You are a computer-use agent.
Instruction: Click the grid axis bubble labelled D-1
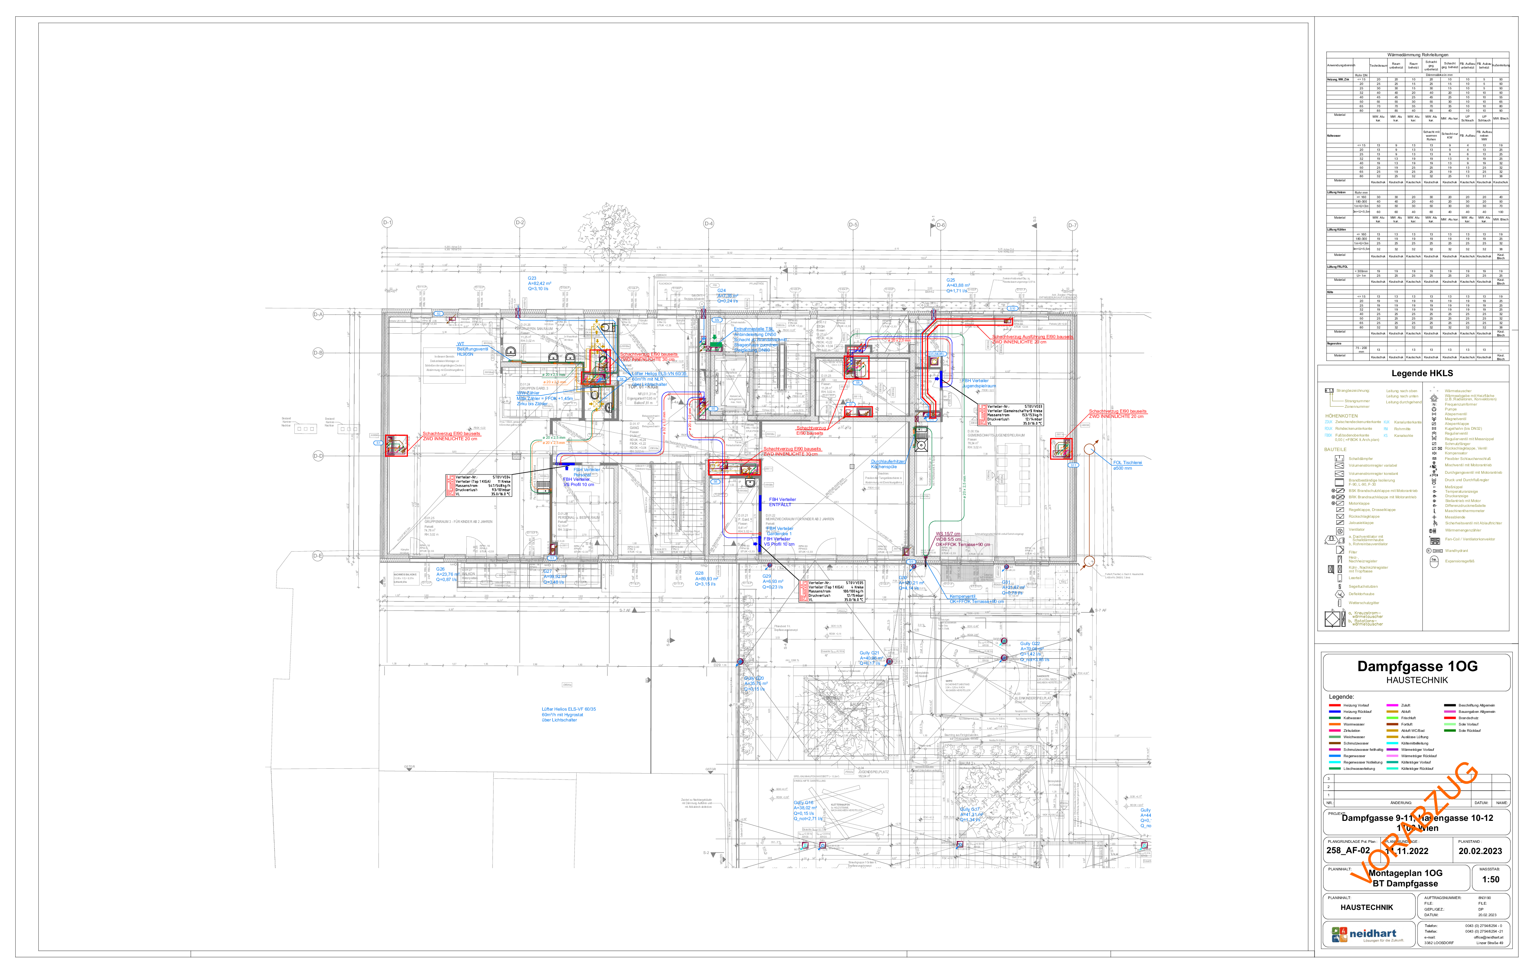click(x=387, y=222)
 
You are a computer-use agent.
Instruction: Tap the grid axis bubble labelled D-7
click(x=1072, y=225)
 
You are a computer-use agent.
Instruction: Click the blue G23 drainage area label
click(x=539, y=283)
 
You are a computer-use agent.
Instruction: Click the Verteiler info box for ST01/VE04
click(x=479, y=485)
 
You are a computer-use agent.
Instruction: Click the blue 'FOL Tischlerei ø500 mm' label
click(x=1127, y=465)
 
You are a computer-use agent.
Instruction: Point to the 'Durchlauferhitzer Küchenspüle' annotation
click(x=888, y=464)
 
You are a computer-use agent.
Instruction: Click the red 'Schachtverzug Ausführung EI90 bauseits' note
click(x=1032, y=339)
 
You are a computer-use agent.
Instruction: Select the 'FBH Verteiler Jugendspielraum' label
click(x=978, y=383)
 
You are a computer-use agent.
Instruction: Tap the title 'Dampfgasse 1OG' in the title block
click(x=1417, y=666)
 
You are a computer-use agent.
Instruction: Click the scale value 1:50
click(x=1490, y=880)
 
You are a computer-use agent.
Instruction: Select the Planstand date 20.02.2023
click(x=1480, y=851)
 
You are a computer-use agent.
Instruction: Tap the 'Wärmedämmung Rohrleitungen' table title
click(x=1417, y=55)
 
